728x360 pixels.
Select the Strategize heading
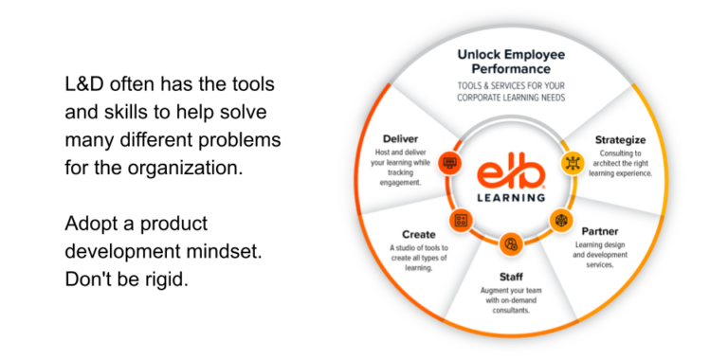[x=620, y=140]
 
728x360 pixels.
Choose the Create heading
[x=418, y=234]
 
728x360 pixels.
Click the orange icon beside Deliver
[x=450, y=162]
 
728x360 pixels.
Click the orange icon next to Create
[x=462, y=221]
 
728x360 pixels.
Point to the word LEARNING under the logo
[x=511, y=198]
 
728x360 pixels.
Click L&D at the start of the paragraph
[x=88, y=85]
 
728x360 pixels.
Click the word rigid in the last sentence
[x=165, y=281]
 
